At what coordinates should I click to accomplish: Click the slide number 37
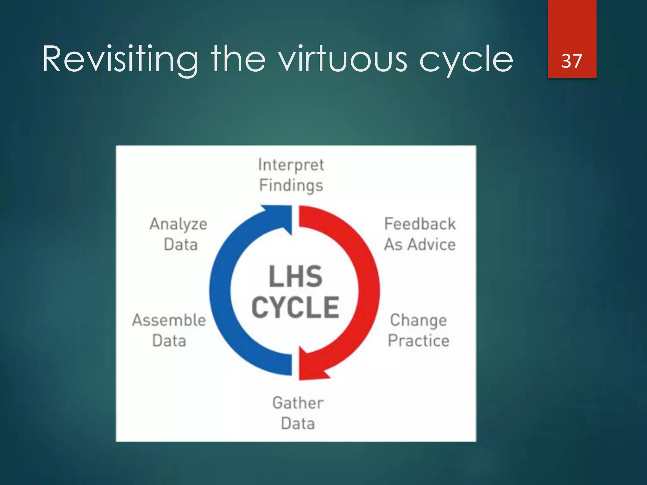click(x=571, y=61)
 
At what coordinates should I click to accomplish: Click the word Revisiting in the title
click(x=120, y=59)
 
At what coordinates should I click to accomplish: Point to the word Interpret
click(x=291, y=165)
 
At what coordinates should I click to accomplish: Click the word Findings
click(x=291, y=186)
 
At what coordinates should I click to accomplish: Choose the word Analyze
click(x=178, y=225)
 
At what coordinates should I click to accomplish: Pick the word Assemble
click(x=169, y=320)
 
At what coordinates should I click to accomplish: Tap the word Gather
click(x=298, y=403)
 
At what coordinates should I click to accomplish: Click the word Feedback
click(x=420, y=224)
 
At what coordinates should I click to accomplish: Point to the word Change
click(x=419, y=320)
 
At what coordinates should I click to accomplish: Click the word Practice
click(x=419, y=341)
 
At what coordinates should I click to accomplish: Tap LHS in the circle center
click(x=295, y=277)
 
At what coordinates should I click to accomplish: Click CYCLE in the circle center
click(x=295, y=308)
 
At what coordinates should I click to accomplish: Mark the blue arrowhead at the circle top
click(x=278, y=218)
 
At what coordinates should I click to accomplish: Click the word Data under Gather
click(x=298, y=424)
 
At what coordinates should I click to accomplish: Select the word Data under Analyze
click(x=181, y=245)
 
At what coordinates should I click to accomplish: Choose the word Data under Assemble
click(x=169, y=341)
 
